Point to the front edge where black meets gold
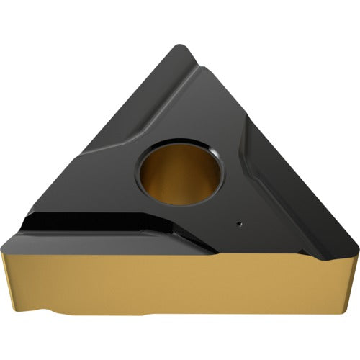tap(144, 249)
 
